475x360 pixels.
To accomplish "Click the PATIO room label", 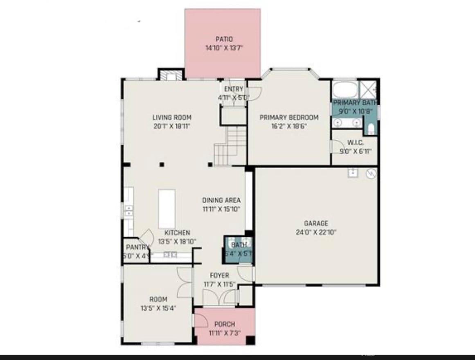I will click(x=224, y=39).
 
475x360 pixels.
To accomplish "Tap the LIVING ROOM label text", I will click(x=172, y=118).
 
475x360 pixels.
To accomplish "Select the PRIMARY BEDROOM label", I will click(x=289, y=118).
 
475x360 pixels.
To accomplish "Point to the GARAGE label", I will click(x=316, y=223).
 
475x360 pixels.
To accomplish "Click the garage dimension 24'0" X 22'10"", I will click(x=316, y=232).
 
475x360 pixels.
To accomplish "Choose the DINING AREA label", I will click(x=221, y=200).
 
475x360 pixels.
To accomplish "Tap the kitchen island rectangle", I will click(x=167, y=208).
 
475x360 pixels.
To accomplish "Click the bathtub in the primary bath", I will click(x=344, y=90).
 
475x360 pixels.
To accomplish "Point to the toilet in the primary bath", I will click(x=371, y=129).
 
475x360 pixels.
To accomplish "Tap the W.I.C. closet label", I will click(x=355, y=143).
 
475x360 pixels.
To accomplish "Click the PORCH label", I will click(x=225, y=324).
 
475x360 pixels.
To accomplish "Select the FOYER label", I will click(x=219, y=275).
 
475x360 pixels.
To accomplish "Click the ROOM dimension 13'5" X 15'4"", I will click(x=158, y=308).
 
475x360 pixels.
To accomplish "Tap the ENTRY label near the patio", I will click(x=234, y=89).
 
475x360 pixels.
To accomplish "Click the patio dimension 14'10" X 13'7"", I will click(x=224, y=48).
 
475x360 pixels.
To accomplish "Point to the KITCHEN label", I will click(x=177, y=233).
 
